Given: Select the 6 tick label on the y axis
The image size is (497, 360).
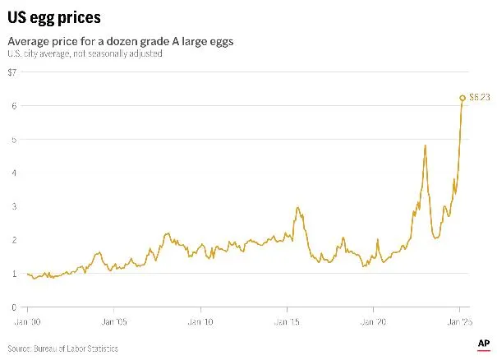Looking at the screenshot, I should pyautogui.click(x=13, y=106).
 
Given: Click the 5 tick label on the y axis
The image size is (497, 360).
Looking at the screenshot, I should pyautogui.click(x=13, y=140).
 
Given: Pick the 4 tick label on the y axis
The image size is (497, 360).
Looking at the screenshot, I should pyautogui.click(x=13, y=173).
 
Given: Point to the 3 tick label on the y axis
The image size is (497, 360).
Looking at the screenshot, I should pyautogui.click(x=13, y=207).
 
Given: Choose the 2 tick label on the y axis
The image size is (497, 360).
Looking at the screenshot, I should pyautogui.click(x=13, y=240).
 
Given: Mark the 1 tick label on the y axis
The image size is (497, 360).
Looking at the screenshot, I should pyautogui.click(x=13, y=274).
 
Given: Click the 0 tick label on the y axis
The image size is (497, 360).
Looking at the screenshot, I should pyautogui.click(x=13, y=307).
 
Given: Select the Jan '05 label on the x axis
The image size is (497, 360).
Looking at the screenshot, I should pyautogui.click(x=114, y=322).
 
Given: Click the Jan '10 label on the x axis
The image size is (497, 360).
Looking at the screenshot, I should pyautogui.click(x=200, y=322).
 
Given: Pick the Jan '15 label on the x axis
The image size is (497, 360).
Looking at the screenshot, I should pyautogui.click(x=288, y=322).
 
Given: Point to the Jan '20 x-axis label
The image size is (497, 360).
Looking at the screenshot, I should pyautogui.click(x=374, y=322).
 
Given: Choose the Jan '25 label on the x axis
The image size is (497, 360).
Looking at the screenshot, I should pyautogui.click(x=460, y=322).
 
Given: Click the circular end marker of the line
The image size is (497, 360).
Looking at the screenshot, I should pyautogui.click(x=462, y=98).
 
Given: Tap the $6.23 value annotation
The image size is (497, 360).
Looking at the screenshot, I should pyautogui.click(x=480, y=98).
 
